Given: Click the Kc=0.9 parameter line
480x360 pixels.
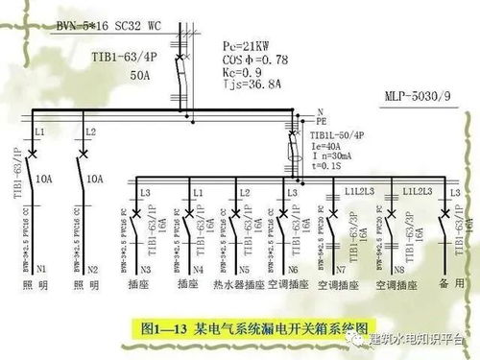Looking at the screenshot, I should (x=244, y=72).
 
